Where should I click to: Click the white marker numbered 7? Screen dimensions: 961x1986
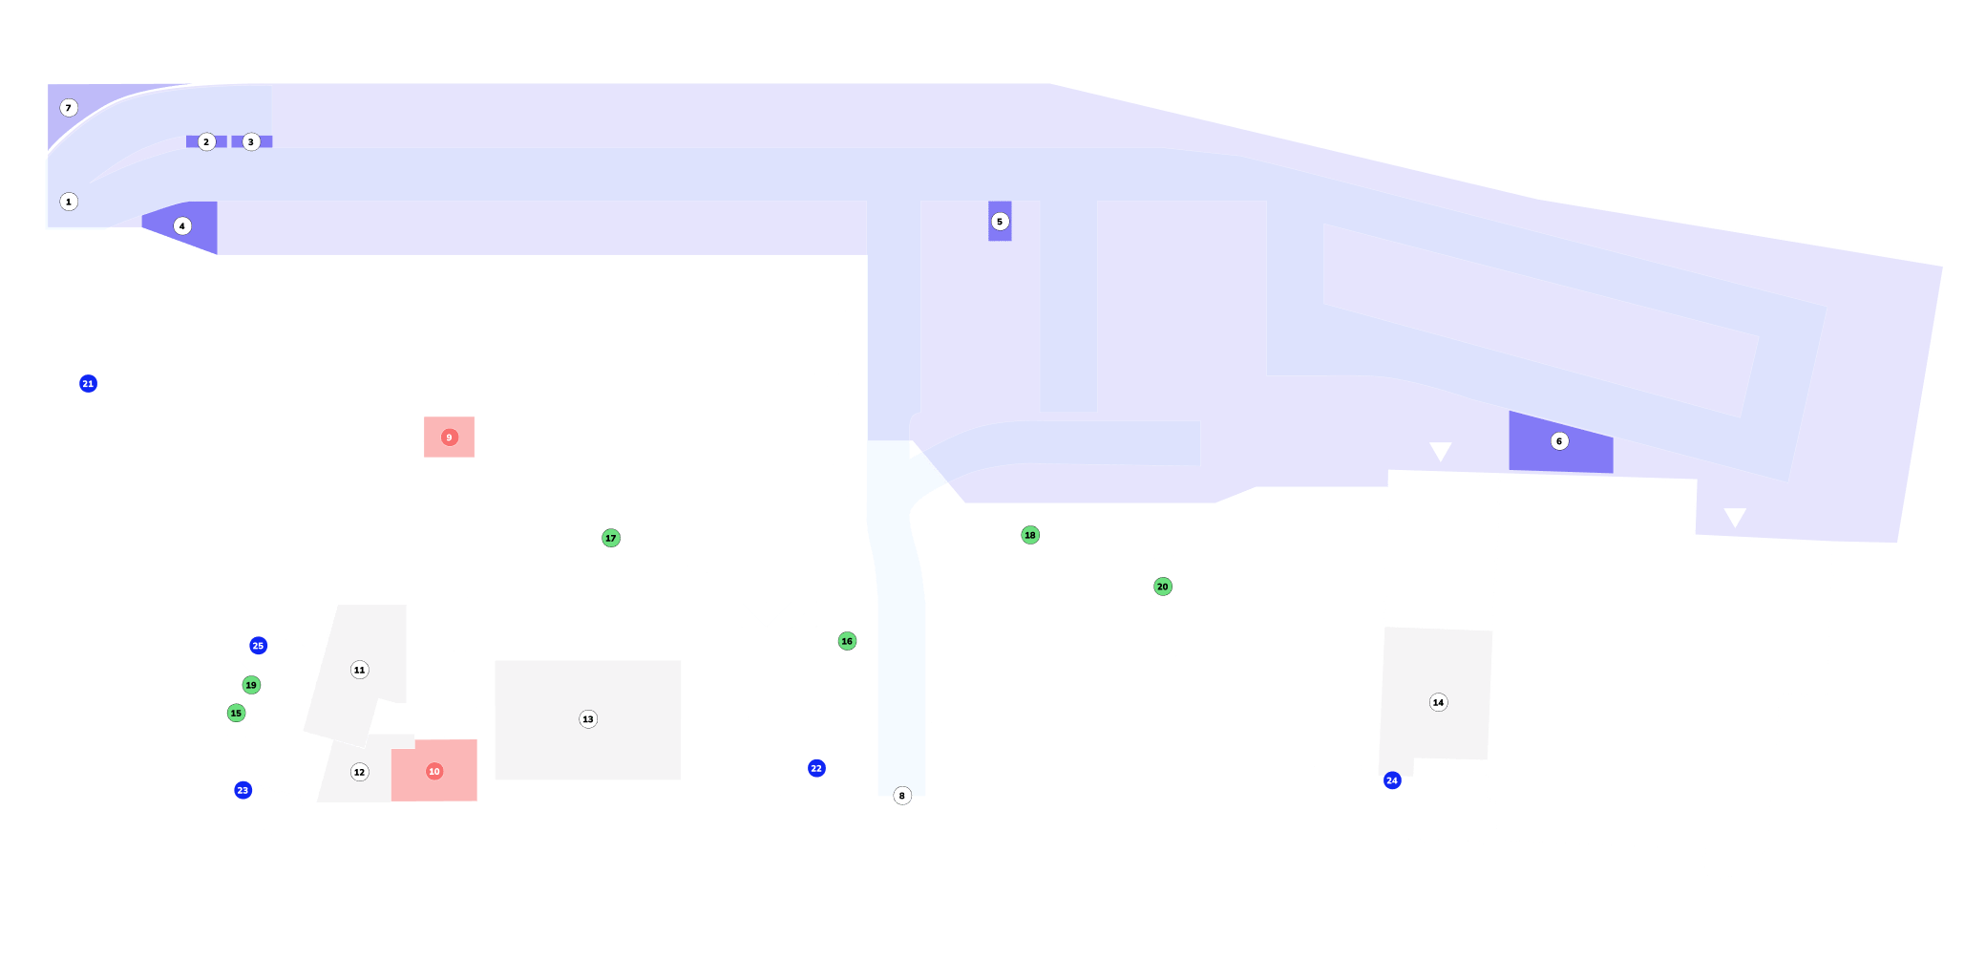tap(69, 108)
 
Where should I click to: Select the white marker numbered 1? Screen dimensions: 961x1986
tap(69, 202)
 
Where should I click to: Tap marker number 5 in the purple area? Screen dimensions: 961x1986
tap(1000, 222)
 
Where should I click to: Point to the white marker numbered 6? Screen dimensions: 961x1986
tap(1559, 441)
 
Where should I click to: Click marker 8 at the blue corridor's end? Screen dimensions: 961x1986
tap(902, 796)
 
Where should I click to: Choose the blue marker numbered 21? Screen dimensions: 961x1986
tap(88, 384)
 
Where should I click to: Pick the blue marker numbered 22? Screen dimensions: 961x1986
tap(816, 768)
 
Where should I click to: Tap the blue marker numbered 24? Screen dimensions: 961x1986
tap(1392, 780)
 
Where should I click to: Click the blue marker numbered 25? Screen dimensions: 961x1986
tap(258, 646)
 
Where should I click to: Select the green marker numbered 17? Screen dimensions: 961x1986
tap(611, 538)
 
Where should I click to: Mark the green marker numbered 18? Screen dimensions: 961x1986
tap(1030, 535)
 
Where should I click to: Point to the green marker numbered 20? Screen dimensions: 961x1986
tap(1163, 587)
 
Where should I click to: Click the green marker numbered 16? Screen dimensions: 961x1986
tap(847, 641)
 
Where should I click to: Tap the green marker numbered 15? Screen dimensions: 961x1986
tap(236, 713)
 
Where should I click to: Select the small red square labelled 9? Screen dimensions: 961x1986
tap(449, 438)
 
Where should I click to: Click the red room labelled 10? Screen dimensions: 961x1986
tap(434, 771)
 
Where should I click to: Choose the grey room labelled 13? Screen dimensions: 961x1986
tap(588, 719)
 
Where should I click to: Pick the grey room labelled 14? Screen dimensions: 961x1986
tap(1438, 702)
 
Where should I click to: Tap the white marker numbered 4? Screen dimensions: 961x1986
tap(182, 226)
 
